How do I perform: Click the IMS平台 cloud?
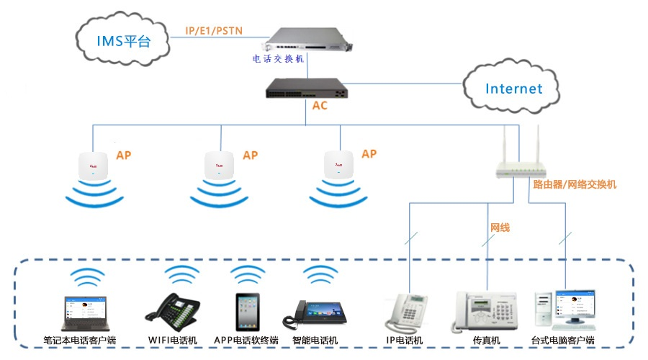pos(123,40)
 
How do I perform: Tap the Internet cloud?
pos(513,89)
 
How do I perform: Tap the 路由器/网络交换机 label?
pos(575,184)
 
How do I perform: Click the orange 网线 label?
pos(500,228)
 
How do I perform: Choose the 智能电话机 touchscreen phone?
pos(315,313)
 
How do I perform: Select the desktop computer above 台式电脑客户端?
pos(564,310)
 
